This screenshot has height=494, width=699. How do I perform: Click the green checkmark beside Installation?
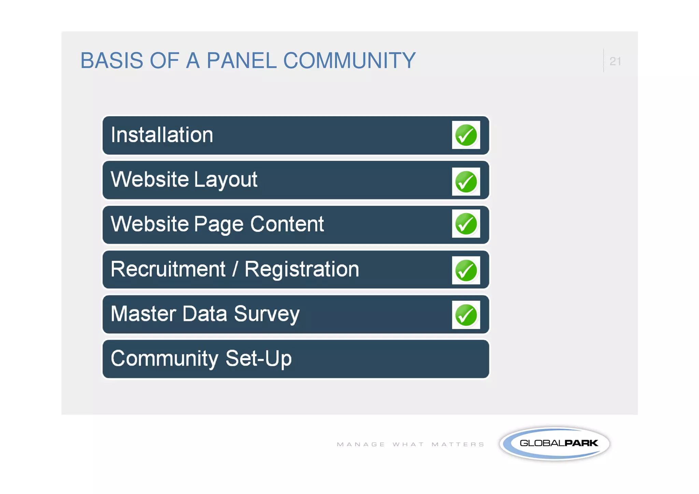pyautogui.click(x=466, y=135)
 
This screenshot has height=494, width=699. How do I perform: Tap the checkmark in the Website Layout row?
pyautogui.click(x=466, y=182)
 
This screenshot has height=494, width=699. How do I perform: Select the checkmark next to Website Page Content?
pyautogui.click(x=466, y=224)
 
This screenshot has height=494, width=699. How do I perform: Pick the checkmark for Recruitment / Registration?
pyautogui.click(x=466, y=270)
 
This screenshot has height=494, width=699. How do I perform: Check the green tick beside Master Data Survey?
pyautogui.click(x=466, y=315)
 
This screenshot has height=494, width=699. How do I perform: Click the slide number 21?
pyautogui.click(x=615, y=61)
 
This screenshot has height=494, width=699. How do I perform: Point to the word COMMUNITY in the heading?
pyautogui.click(x=349, y=61)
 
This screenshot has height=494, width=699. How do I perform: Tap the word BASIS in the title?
pyautogui.click(x=112, y=61)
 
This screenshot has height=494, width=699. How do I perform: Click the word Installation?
pyautogui.click(x=162, y=135)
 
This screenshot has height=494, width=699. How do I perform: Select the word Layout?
pyautogui.click(x=226, y=180)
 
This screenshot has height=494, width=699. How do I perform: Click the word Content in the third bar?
pyautogui.click(x=287, y=224)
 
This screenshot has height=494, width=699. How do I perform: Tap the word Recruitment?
pyautogui.click(x=168, y=269)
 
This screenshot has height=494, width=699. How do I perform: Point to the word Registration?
pyautogui.click(x=302, y=270)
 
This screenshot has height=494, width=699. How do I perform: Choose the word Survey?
pyautogui.click(x=267, y=314)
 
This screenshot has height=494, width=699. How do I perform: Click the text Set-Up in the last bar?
pyautogui.click(x=258, y=358)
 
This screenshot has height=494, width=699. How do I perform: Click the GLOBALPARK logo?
pyautogui.click(x=555, y=443)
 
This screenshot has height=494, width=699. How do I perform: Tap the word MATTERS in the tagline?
pyautogui.click(x=458, y=444)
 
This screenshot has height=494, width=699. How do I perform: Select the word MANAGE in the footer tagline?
pyautogui.click(x=361, y=444)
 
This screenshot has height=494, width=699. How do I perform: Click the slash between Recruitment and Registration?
pyautogui.click(x=235, y=269)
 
